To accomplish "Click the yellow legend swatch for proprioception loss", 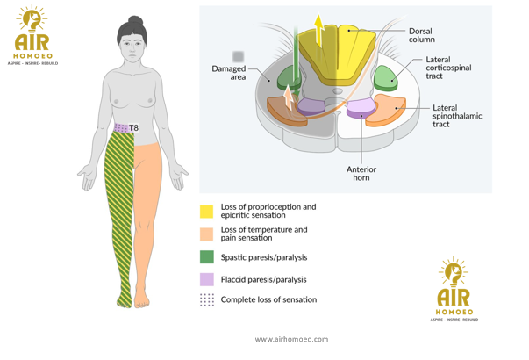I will tap(206, 211).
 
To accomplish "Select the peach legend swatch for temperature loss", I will tap(206, 234).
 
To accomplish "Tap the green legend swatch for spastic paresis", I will tap(206, 257).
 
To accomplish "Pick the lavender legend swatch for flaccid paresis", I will tap(206, 279).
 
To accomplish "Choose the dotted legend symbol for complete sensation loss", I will tap(206, 300).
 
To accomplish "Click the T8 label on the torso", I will tap(134, 128).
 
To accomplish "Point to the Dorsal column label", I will tap(420, 36).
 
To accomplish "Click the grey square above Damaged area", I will tap(238, 57).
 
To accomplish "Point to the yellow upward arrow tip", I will tap(343, 18).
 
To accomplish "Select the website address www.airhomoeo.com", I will tap(291, 339).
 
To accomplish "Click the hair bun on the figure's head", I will tap(135, 20).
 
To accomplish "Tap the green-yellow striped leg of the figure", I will tap(118, 211).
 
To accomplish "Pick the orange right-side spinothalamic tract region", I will tap(387, 113).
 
